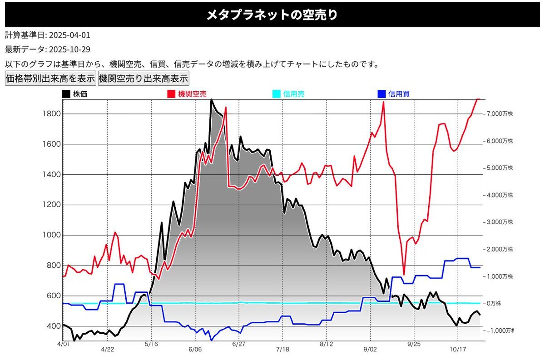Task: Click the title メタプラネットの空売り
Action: (x=272, y=15)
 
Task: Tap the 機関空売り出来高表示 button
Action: (x=143, y=79)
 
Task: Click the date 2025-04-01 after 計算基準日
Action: (x=70, y=35)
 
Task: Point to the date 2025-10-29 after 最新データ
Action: (x=70, y=49)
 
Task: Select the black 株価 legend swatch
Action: (x=66, y=94)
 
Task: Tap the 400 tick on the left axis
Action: (x=53, y=326)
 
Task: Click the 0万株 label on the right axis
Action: (x=495, y=303)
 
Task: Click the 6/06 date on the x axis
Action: (x=194, y=349)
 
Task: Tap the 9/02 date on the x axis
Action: (x=370, y=349)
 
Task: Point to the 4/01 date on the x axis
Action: (x=64, y=345)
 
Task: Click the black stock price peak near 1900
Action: (x=211, y=100)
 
